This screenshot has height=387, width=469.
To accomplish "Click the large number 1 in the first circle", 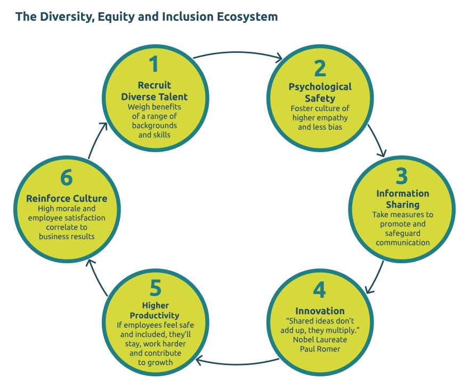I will click(154, 65).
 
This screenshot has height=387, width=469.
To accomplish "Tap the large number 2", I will click(320, 69).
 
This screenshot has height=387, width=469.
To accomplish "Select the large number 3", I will click(402, 176).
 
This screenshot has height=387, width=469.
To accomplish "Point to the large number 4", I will click(319, 290).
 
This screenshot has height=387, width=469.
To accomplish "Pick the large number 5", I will click(155, 288).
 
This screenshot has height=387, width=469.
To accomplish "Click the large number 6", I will click(67, 178).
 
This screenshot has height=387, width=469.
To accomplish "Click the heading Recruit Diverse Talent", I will click(154, 91).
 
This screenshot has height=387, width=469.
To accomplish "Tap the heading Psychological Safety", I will click(320, 92).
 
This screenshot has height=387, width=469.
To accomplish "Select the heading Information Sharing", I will click(402, 199).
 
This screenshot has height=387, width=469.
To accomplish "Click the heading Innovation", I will click(320, 311).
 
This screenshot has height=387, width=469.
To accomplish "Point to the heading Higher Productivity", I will click(155, 311).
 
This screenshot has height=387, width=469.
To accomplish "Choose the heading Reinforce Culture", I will click(67, 199).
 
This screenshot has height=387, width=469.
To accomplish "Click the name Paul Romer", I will click(320, 348).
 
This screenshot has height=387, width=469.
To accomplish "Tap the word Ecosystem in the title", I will click(247, 17).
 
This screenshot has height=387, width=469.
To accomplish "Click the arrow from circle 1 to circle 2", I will click(237, 53).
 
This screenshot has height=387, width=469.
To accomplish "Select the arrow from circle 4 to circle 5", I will click(237, 364).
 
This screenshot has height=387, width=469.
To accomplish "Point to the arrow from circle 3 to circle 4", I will click(375, 277).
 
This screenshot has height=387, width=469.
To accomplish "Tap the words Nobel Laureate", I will click(320, 339).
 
